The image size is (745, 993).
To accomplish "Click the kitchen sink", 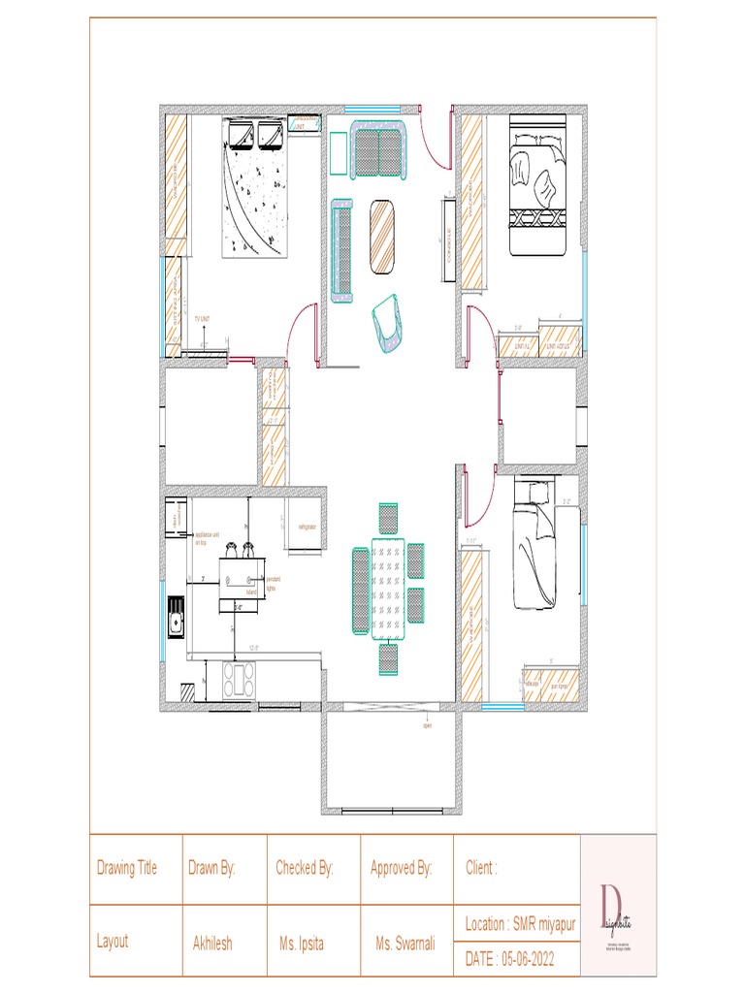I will pos(177,620).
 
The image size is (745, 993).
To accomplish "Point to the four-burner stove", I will pos(239,678).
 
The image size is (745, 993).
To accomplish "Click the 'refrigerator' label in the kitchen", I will pos(308,527).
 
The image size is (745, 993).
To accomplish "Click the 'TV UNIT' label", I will pos(202,318).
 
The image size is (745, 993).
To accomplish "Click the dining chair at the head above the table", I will pos(388,519).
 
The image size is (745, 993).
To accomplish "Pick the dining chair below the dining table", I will pos(388,658).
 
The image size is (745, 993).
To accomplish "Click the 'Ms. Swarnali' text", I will pos(405,943).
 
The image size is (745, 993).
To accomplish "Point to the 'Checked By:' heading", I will pos(305,868).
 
